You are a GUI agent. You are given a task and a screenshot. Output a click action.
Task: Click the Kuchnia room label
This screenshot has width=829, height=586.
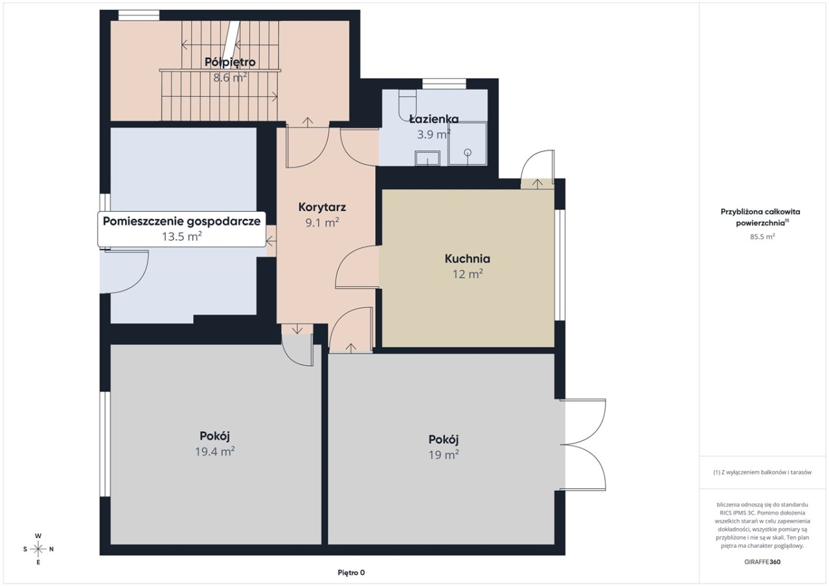pyautogui.click(x=468, y=258)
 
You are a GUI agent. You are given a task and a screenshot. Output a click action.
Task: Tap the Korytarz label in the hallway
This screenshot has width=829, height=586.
pyautogui.click(x=322, y=207)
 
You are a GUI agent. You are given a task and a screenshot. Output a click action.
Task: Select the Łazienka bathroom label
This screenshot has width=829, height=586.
pyautogui.click(x=434, y=118)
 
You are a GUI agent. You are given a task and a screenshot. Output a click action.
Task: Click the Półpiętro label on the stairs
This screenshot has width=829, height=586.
pyautogui.click(x=230, y=62)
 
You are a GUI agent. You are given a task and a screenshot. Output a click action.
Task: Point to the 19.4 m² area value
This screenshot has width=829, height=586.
pyautogui.click(x=215, y=451)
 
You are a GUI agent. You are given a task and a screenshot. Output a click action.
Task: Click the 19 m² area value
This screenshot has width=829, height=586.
pyautogui.click(x=444, y=455)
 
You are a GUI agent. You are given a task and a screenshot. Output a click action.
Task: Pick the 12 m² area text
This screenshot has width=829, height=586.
pyautogui.click(x=468, y=274)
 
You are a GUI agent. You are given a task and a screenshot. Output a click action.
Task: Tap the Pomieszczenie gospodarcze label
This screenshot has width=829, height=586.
pyautogui.click(x=182, y=221)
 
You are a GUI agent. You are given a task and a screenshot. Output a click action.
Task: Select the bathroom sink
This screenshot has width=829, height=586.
pyautogui.click(x=427, y=159)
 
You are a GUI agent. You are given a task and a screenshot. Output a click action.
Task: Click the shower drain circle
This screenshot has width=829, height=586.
pyautogui.click(x=468, y=152)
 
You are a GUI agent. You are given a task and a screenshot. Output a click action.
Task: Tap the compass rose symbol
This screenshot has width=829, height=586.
pyautogui.click(x=38, y=549)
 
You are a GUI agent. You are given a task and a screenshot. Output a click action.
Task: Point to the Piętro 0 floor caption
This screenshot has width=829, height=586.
pyautogui.click(x=351, y=572)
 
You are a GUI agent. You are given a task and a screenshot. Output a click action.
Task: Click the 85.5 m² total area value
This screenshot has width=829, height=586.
pyautogui.click(x=762, y=237)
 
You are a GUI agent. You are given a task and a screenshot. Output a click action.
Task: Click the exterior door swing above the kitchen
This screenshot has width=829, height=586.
pyautogui.click(x=538, y=167)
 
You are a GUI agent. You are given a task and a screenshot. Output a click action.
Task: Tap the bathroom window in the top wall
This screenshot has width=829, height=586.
pyautogui.click(x=444, y=84)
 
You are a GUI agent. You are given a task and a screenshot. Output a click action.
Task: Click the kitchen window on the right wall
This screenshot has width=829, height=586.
pyautogui.click(x=560, y=265)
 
